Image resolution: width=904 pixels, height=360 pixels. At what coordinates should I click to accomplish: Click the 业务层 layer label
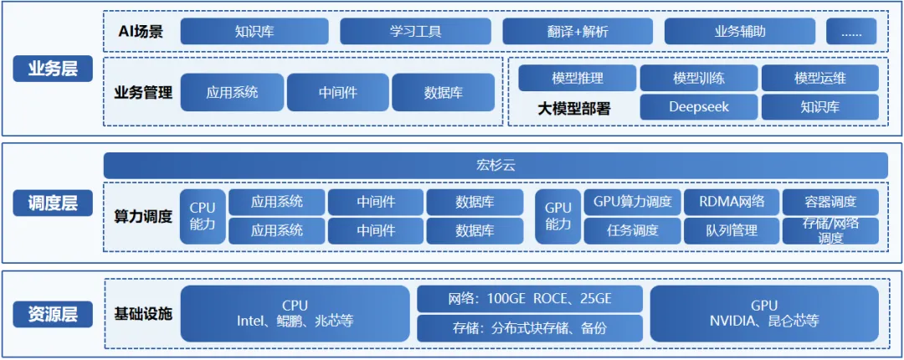coord(52,69)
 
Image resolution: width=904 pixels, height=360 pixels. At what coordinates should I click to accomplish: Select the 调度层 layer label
coord(52,203)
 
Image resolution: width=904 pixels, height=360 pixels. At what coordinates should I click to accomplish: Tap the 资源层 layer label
coord(52,314)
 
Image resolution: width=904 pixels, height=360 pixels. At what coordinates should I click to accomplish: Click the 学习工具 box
coord(415,32)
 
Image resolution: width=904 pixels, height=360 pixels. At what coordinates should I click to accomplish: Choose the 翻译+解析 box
coord(578,32)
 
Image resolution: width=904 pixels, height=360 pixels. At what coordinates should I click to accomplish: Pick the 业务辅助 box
coord(740,32)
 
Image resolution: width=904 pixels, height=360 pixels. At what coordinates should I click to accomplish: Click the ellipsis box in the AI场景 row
coord(851,32)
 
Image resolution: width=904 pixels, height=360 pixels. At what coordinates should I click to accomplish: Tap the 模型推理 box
coord(577,78)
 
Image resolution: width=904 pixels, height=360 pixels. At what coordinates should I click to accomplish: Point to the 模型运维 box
coord(819,78)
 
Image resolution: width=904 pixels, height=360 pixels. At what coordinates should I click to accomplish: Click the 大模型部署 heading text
coord(573,108)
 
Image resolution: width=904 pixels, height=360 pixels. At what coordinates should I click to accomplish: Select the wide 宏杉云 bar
coord(496,165)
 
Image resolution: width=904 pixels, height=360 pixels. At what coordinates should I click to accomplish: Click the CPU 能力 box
coord(203,216)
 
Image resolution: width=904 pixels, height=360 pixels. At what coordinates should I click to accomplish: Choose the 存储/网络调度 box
coord(830,230)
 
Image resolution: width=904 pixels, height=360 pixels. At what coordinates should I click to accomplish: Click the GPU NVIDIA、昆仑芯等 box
coord(763,313)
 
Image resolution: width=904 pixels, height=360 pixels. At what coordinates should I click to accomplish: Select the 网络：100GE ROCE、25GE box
coord(530,299)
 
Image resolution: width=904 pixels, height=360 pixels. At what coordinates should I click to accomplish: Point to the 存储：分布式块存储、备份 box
coord(530,327)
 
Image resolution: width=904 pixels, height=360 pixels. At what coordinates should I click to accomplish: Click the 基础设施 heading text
coord(143,314)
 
